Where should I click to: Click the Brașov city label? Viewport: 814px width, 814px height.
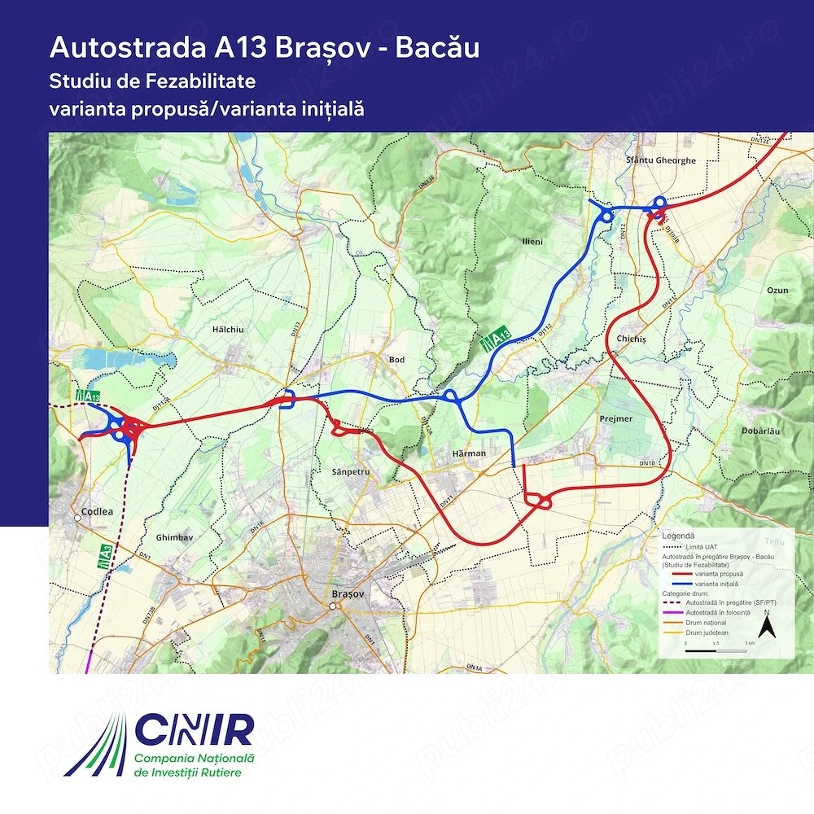(346, 595)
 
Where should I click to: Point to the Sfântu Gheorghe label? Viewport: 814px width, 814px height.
(661, 160)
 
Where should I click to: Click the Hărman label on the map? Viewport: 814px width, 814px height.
(470, 453)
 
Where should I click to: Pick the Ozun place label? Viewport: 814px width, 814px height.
(777, 290)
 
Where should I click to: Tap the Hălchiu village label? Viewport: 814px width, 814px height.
(228, 330)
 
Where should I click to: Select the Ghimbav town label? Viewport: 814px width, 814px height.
(173, 538)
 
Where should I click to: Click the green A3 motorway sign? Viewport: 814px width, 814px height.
(104, 554)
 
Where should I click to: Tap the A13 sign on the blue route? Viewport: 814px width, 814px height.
(496, 339)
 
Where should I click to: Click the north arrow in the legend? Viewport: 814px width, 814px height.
(765, 625)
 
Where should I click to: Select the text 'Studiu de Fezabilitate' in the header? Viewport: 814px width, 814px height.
(152, 81)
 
